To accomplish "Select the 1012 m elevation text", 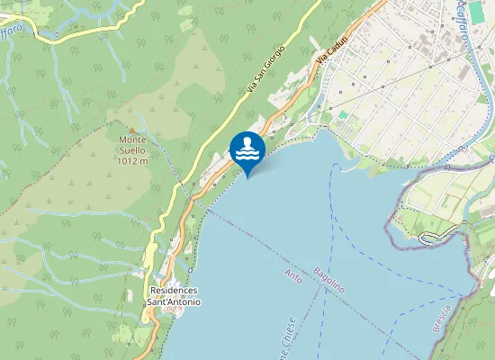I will [138, 161].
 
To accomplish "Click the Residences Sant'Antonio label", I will [175, 296].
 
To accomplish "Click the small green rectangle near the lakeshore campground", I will [342, 115].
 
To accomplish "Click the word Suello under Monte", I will [138, 150].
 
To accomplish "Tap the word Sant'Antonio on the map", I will [175, 302].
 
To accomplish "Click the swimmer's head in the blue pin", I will [251, 140].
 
